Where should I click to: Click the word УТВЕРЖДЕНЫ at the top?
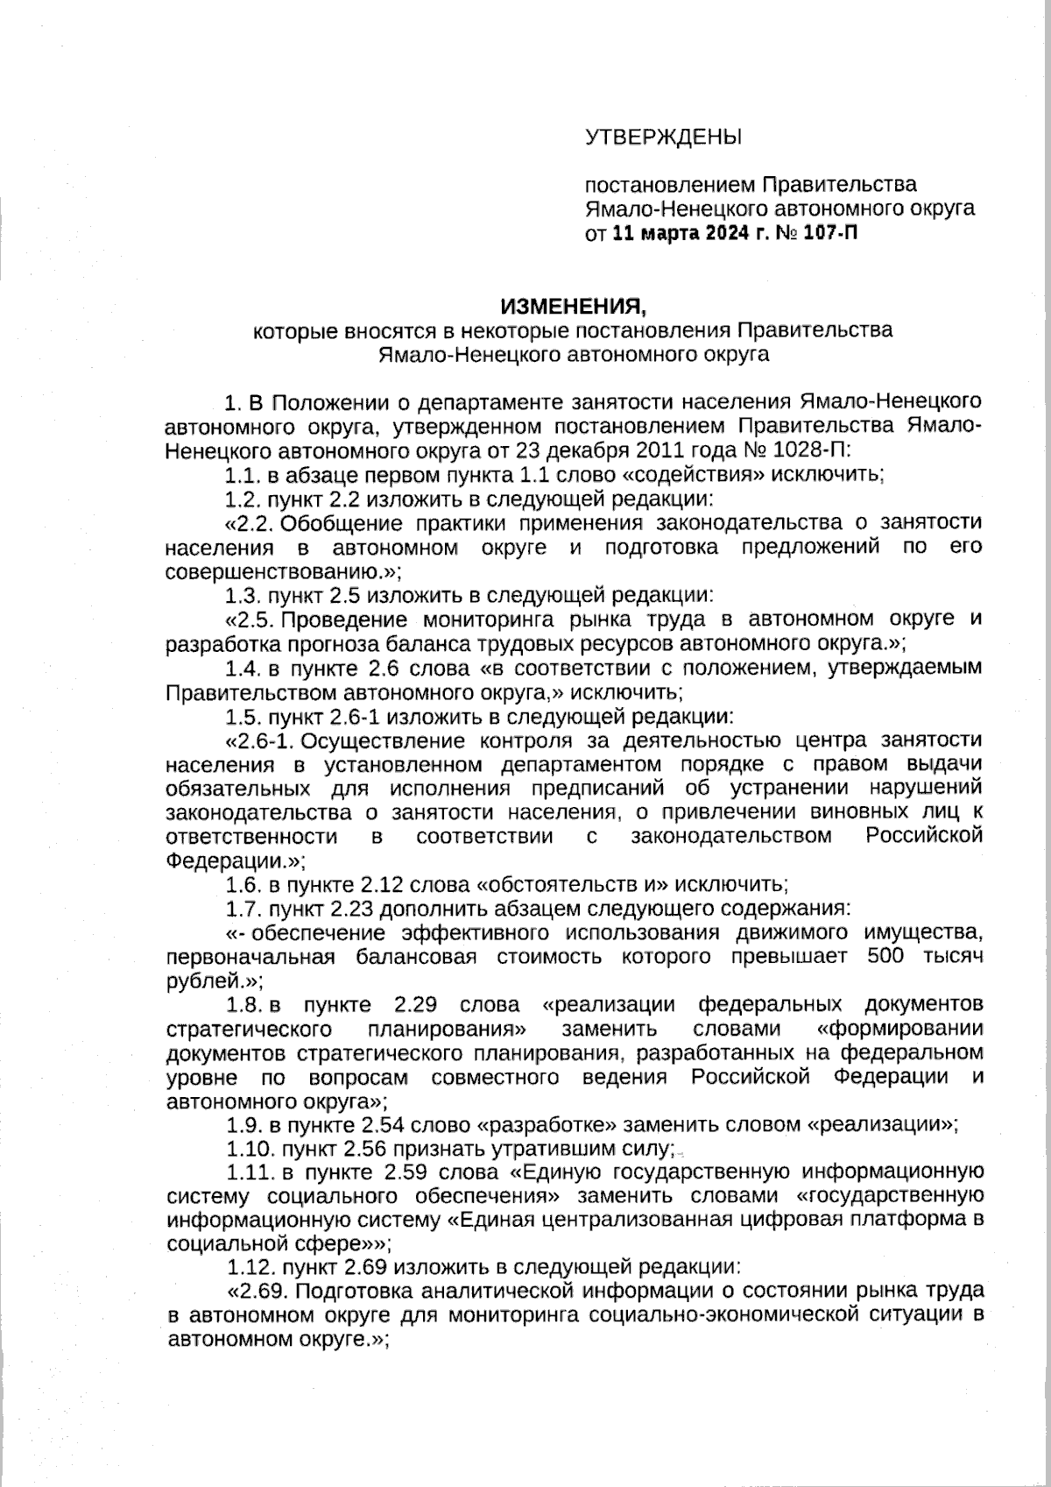click(x=663, y=138)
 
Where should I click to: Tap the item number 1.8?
click(x=242, y=1004)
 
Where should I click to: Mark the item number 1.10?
click(x=246, y=1149)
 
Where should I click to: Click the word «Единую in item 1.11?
click(x=555, y=1172)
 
